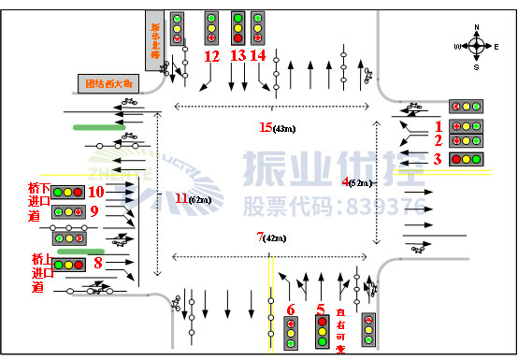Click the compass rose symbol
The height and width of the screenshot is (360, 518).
[477, 44]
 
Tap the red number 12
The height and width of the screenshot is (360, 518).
[211, 56]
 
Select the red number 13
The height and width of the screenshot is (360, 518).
[237, 56]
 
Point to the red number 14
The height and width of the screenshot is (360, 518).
[259, 56]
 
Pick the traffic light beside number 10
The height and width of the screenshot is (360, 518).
[68, 192]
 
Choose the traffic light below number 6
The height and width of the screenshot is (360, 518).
[292, 332]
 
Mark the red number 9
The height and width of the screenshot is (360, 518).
[94, 212]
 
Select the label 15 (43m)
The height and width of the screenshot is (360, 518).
[279, 127]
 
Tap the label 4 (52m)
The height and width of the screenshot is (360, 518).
[358, 181]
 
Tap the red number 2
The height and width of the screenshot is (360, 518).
[437, 139]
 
